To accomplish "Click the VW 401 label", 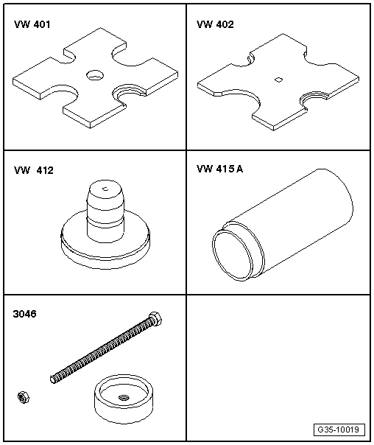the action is click(32, 24).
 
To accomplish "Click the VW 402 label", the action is click(215, 24).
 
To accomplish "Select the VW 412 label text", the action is click(33, 170).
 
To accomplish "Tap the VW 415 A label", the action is click(219, 169).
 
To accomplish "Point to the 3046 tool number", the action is click(25, 314).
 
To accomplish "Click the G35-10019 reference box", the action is click(339, 430).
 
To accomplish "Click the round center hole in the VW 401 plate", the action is click(95, 75).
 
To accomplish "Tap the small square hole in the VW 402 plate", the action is click(279, 80).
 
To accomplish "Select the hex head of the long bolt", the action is click(155, 318).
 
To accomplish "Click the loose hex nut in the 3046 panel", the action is click(24, 397).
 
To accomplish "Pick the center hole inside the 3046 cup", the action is click(123, 397).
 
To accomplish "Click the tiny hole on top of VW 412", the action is click(105, 189).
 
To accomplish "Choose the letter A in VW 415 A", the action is click(239, 169).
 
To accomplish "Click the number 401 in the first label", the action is click(42, 24).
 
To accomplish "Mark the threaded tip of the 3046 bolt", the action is click(53, 379).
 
